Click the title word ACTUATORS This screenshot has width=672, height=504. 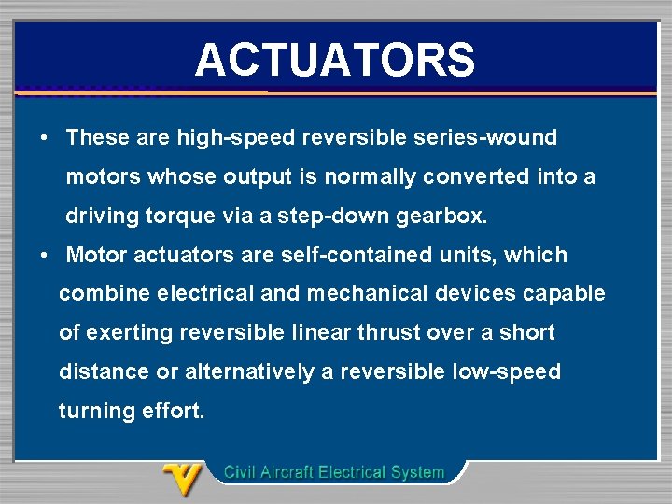335,60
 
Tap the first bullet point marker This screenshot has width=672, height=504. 44,138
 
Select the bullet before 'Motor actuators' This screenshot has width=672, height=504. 44,255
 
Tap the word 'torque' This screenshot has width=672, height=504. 181,217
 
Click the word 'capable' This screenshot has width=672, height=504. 564,294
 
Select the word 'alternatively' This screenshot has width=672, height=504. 250,372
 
